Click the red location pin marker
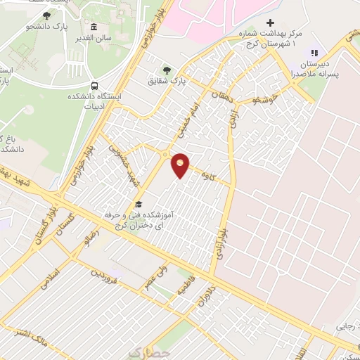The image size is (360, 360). point(181,165)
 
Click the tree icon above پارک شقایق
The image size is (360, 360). point(167,70)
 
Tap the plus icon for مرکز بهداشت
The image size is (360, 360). point(289,22)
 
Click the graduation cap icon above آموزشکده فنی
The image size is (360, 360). point(139,205)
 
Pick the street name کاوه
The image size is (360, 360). point(207,171)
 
